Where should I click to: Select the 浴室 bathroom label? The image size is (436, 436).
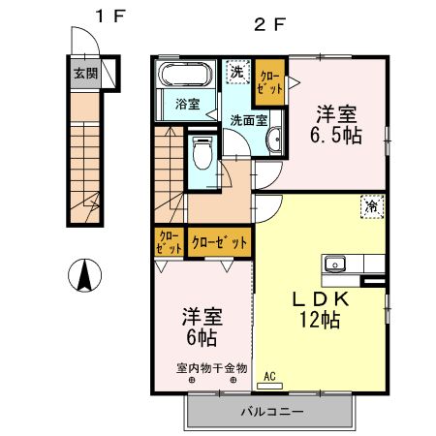pos(188,104)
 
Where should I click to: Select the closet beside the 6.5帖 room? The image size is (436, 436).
pos(270,82)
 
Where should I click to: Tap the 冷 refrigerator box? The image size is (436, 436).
pos(371,204)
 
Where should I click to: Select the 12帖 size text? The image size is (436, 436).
pos(319,321)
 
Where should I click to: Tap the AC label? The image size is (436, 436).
pos(269,376)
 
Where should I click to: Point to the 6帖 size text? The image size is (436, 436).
pos(200,338)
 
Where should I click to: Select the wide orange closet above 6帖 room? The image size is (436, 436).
pos(220,241)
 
